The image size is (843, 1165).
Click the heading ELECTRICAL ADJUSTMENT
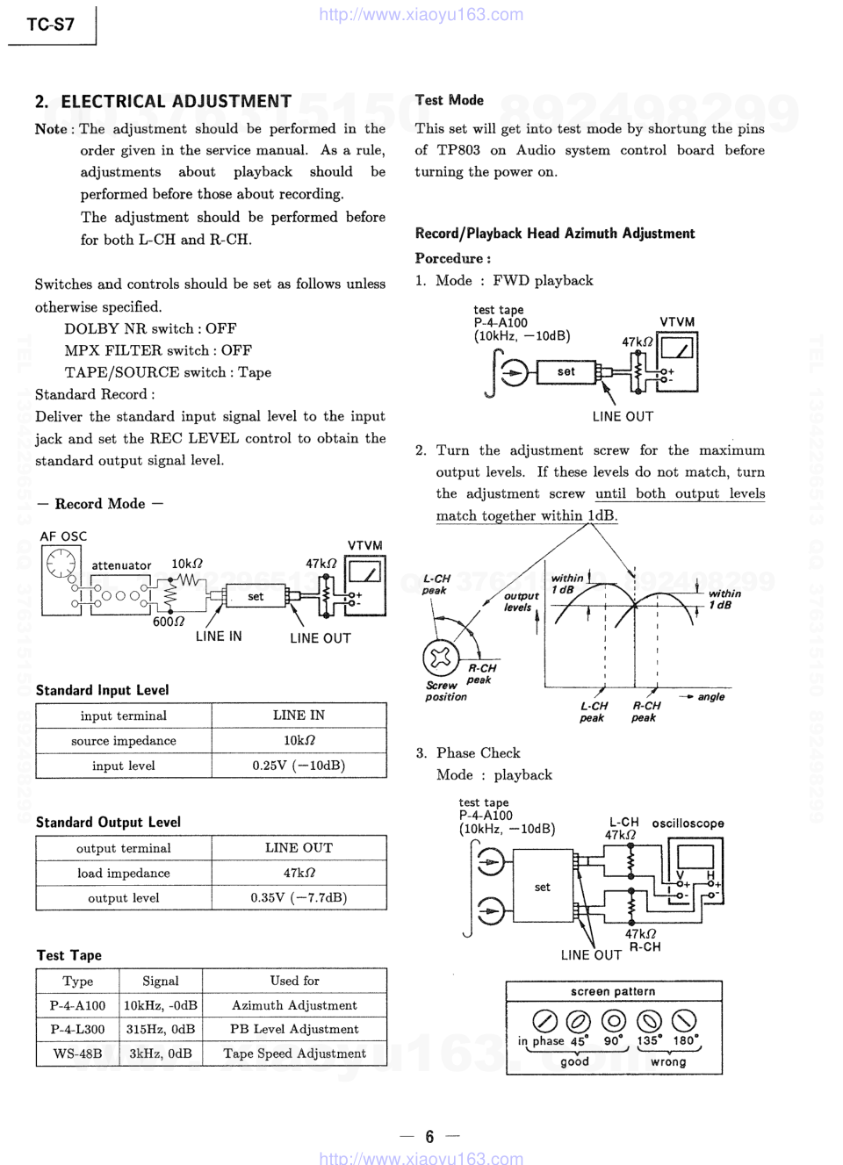pos(176,102)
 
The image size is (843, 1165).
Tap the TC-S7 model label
pos(50,25)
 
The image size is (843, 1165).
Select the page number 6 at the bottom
pos(429,1137)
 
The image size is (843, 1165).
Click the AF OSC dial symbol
pos(61,563)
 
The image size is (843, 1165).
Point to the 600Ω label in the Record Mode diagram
pos(169,622)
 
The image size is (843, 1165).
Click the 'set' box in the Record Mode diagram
pos(256,597)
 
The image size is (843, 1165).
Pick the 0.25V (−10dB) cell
pos(299,766)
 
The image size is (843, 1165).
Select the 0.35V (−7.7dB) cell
pos(299,897)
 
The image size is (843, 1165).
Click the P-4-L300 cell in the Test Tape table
pos(77,1029)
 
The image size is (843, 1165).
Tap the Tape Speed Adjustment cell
pos(294,1054)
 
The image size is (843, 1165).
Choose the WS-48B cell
pos(77,1054)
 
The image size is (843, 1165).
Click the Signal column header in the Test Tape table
pos(161,981)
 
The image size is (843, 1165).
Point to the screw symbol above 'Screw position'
pos(440,657)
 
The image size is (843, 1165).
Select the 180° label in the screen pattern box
pos(686,1040)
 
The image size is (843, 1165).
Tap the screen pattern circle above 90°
pos(613,1020)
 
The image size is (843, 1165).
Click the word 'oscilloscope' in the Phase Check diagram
pos(688,823)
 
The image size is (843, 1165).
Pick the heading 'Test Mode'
pos(450,100)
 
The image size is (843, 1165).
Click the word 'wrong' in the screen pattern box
pos(668,1061)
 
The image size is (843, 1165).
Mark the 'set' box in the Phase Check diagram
pos(543,888)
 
